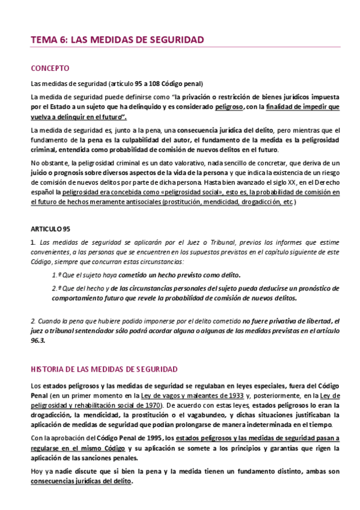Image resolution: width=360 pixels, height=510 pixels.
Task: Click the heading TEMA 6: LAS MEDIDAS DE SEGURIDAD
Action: pos(117,40)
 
